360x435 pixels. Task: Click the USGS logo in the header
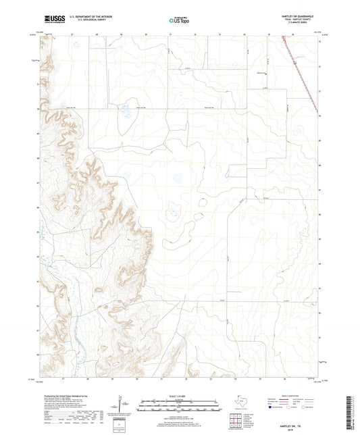[49, 20]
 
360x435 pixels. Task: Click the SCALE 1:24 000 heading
[180, 395]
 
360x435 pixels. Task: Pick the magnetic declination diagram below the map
[121, 409]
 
